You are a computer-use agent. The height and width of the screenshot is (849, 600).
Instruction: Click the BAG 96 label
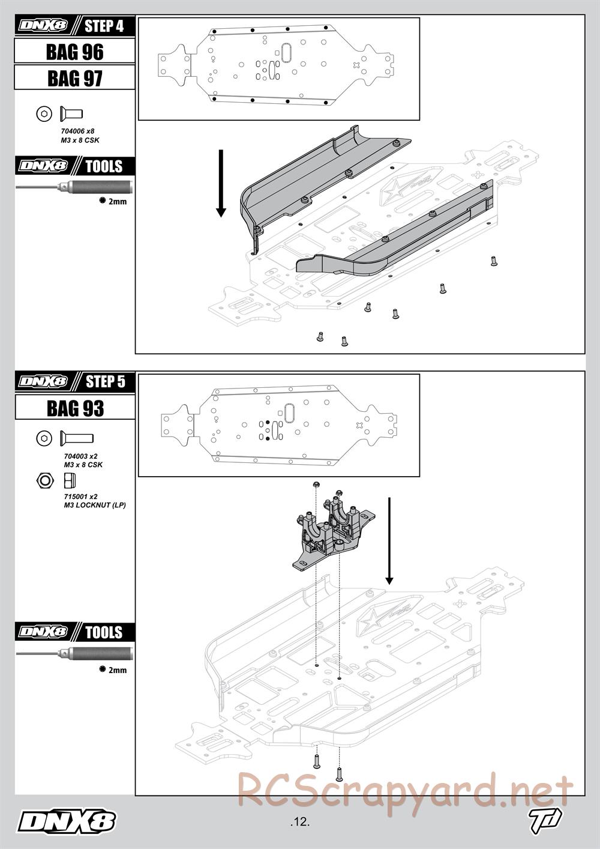coord(74,52)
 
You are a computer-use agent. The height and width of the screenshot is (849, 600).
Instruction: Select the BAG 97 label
coord(74,79)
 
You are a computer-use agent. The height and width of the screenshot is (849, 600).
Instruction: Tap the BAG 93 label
coord(75,408)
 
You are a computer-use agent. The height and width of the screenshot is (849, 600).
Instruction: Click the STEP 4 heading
coord(104,26)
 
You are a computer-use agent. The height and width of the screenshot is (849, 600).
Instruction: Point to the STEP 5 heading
coord(106,382)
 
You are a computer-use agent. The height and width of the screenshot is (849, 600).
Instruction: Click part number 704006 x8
coord(77,131)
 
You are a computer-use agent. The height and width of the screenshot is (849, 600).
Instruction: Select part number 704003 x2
coord(80,456)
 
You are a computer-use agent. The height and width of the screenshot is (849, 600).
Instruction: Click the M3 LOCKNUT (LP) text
coord(95,505)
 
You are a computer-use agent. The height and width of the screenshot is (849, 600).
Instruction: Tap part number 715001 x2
coord(80,497)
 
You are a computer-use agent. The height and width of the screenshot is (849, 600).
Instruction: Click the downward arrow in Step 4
coord(221,184)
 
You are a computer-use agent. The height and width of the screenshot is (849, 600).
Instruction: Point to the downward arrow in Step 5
coord(389,541)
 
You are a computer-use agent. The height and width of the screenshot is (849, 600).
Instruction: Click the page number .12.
coord(299,822)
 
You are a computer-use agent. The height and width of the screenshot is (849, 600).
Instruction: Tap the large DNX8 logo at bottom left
coord(67,823)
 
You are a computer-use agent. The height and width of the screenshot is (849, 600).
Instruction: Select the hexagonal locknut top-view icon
coord(44,480)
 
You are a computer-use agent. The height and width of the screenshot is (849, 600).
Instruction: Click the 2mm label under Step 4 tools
coord(118,202)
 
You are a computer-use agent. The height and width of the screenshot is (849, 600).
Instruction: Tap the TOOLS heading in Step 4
coord(104,166)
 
